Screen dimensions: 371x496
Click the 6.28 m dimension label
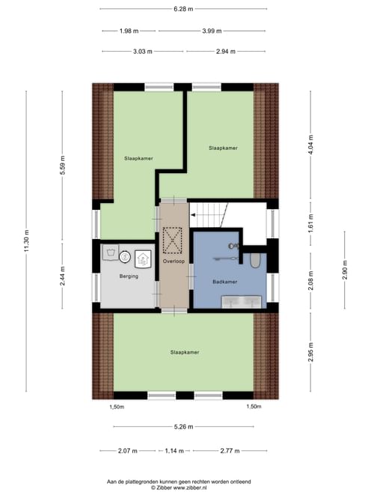tap(183, 9)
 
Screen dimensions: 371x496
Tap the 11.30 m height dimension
tap(26, 241)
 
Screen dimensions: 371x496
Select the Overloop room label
tap(174, 261)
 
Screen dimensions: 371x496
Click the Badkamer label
tap(225, 282)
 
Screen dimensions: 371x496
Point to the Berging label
tap(129, 276)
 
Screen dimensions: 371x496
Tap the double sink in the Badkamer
tap(242, 302)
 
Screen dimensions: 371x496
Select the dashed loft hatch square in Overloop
tap(172, 241)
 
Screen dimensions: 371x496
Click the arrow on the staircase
tap(192, 216)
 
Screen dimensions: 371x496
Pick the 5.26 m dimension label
tap(183, 427)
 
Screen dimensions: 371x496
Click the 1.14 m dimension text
tap(174, 451)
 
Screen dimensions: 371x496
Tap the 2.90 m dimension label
tap(345, 270)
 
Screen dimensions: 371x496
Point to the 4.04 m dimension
tap(311, 145)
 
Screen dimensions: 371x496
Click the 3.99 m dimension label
tap(212, 31)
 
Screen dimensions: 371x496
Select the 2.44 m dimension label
tap(63, 276)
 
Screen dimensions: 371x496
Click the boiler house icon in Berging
tap(143, 259)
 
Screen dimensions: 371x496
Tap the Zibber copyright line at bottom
tap(179, 488)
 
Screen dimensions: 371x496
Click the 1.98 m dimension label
tap(129, 31)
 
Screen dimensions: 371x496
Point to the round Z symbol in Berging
tap(125, 257)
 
